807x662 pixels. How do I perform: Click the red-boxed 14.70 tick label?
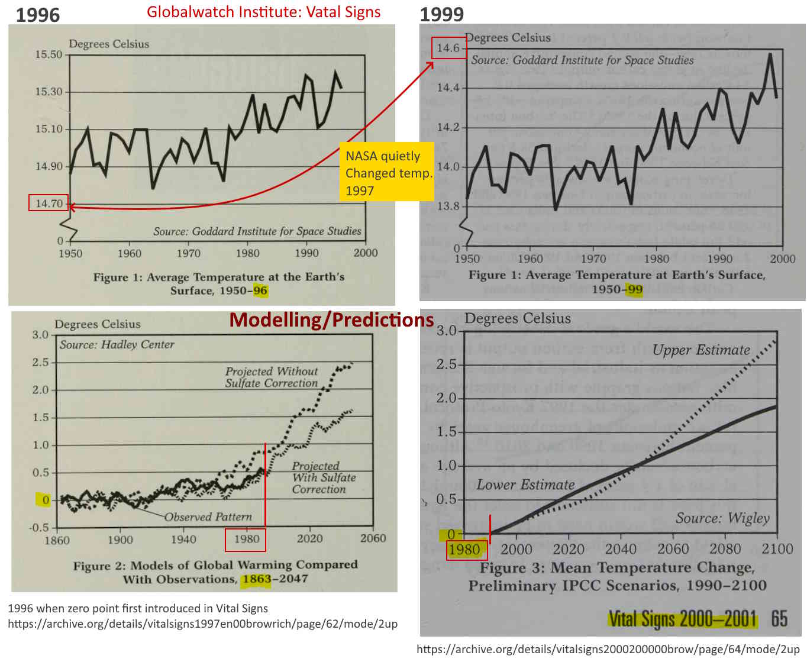coord(49,204)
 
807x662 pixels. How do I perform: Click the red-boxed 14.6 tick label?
coord(449,48)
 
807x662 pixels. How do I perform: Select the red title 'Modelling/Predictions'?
coord(331,320)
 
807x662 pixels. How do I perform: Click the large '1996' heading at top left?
coord(37,14)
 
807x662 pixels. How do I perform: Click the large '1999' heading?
coord(441,14)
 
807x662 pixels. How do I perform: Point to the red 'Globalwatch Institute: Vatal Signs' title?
coord(264,12)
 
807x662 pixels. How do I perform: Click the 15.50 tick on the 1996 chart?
coord(49,54)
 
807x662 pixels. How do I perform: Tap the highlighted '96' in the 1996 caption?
coord(260,290)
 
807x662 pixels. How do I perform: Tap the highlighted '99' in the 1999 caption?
coord(635,289)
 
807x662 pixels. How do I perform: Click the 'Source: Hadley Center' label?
coord(117,344)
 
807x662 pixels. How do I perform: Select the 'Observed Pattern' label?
coord(208,517)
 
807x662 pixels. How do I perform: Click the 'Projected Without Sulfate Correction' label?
coord(272,377)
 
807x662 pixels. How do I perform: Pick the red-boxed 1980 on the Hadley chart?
coord(246,539)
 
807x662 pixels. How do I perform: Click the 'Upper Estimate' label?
coord(701,350)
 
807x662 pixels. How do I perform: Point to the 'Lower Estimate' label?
coord(525,485)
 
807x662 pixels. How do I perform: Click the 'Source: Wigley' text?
coord(722,518)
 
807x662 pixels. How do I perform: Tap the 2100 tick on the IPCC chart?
coord(777,549)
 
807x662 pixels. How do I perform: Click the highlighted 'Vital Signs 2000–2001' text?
coord(682,619)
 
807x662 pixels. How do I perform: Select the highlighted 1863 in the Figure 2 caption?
coord(256,579)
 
